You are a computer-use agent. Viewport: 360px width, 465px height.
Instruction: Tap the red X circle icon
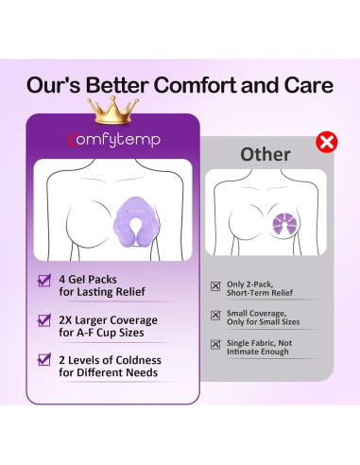click(x=327, y=144)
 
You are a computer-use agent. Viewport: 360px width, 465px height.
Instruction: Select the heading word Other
click(x=265, y=153)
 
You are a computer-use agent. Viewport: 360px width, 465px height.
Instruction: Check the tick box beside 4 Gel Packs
click(x=43, y=281)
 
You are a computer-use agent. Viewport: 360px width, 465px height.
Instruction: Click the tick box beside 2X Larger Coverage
click(x=43, y=320)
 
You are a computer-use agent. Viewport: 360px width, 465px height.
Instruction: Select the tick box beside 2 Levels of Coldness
click(x=43, y=360)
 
